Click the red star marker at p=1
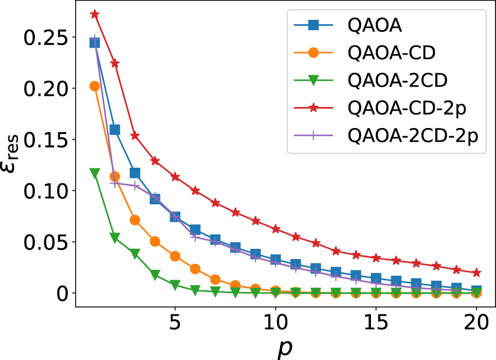[x=94, y=14]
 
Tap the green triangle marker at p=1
[x=94, y=173]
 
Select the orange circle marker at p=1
[x=94, y=86]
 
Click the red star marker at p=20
[x=476, y=273]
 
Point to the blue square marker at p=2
[x=115, y=129]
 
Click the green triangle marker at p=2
[x=115, y=238]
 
